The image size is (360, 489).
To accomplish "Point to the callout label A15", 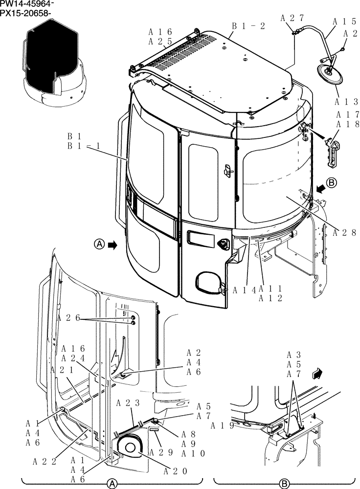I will point(344,22).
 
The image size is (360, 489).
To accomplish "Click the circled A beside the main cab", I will point(99,244).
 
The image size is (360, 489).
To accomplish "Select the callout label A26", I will point(68,318).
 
